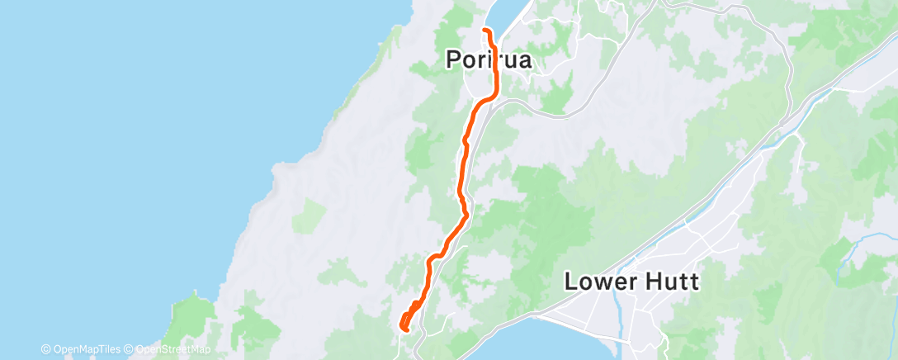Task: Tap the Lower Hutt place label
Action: point(631,282)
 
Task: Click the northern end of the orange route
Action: point(484,31)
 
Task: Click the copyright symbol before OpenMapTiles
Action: point(46,349)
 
